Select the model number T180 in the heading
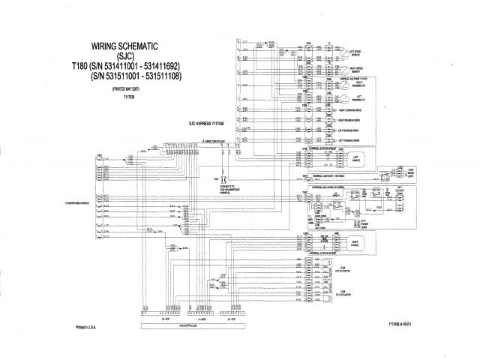click(x=80, y=66)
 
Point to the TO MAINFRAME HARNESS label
click(x=77, y=203)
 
